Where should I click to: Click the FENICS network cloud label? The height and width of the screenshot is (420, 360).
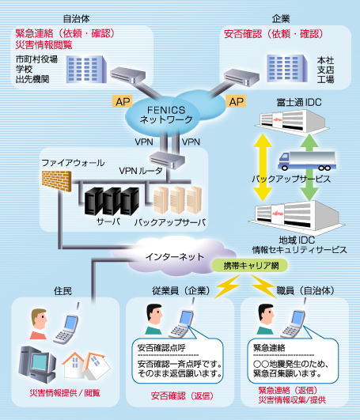point(166,115)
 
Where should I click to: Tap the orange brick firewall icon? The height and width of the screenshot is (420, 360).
point(56,181)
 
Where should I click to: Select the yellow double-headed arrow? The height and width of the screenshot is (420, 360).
point(263,168)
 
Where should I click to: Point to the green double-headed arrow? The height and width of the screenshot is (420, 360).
point(309,168)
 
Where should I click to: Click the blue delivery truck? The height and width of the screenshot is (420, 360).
point(307,161)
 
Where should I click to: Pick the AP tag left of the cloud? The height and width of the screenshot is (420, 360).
point(123,102)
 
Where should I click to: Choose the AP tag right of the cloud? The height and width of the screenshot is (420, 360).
point(237,101)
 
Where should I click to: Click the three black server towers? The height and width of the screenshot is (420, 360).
point(112,202)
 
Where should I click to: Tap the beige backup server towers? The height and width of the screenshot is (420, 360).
point(177,200)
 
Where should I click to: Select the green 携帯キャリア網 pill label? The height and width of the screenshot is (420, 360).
point(250,266)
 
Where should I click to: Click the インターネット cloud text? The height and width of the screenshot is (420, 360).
point(174,257)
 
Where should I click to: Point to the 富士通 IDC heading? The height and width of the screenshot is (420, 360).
point(299,102)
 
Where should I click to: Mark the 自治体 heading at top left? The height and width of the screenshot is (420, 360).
point(76,19)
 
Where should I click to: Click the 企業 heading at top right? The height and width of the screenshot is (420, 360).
point(281,19)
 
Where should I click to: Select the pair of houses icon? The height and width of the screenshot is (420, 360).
point(86,365)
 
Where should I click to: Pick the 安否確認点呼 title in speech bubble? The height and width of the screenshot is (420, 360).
point(161,348)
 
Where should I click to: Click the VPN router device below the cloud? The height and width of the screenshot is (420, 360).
point(167,161)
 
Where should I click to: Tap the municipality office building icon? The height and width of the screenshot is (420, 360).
point(86,69)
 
